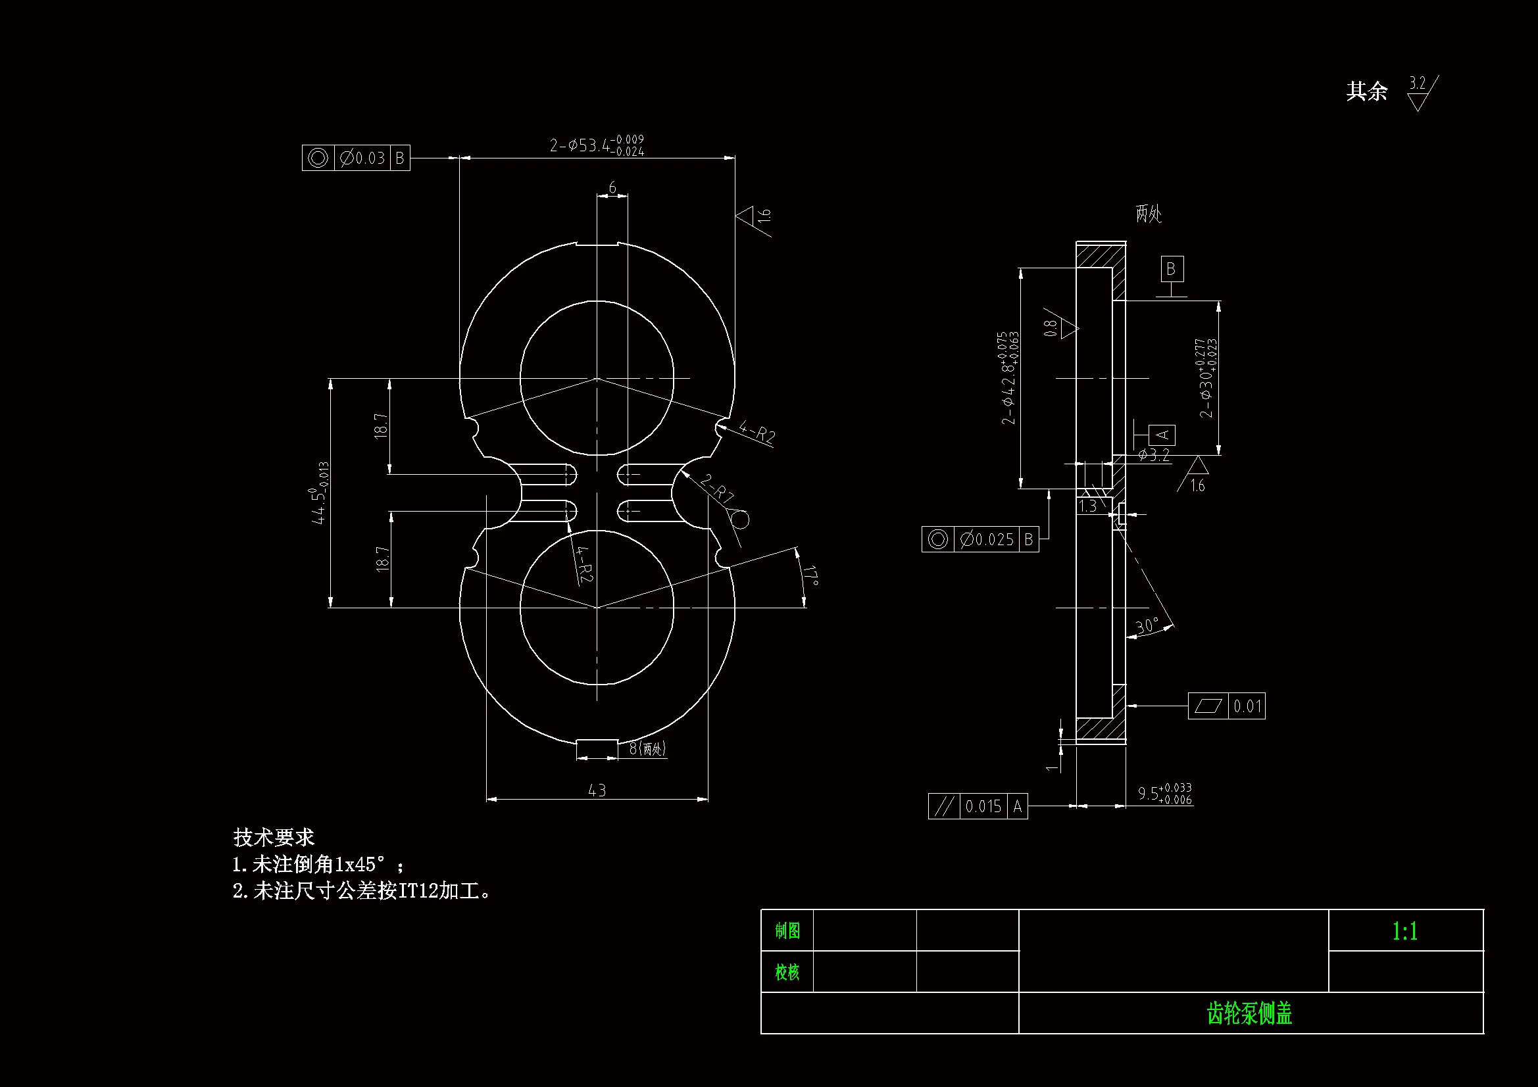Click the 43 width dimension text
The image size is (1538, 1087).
click(x=597, y=790)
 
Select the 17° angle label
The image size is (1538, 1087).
click(x=810, y=575)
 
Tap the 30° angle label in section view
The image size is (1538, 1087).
click(x=1147, y=625)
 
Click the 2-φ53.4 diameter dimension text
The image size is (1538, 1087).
click(x=597, y=145)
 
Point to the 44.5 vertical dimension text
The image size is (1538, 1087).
click(x=320, y=493)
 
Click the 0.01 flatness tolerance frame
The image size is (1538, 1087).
click(x=1226, y=706)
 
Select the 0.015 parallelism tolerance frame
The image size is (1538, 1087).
click(x=978, y=806)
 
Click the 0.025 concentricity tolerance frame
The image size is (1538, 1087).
click(x=980, y=539)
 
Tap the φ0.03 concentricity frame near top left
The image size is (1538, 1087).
click(x=356, y=158)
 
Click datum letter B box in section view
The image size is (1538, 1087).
click(x=1172, y=268)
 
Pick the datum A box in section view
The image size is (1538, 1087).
click(x=1162, y=435)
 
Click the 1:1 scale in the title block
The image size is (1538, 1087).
click(x=1404, y=931)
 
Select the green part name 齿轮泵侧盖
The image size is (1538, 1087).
click(x=1249, y=1013)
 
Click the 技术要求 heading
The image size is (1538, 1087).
click(x=273, y=837)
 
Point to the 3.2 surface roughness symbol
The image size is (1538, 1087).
click(x=1420, y=93)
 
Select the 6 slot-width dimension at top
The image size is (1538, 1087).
click(x=612, y=187)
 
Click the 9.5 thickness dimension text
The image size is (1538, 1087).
click(x=1164, y=793)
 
